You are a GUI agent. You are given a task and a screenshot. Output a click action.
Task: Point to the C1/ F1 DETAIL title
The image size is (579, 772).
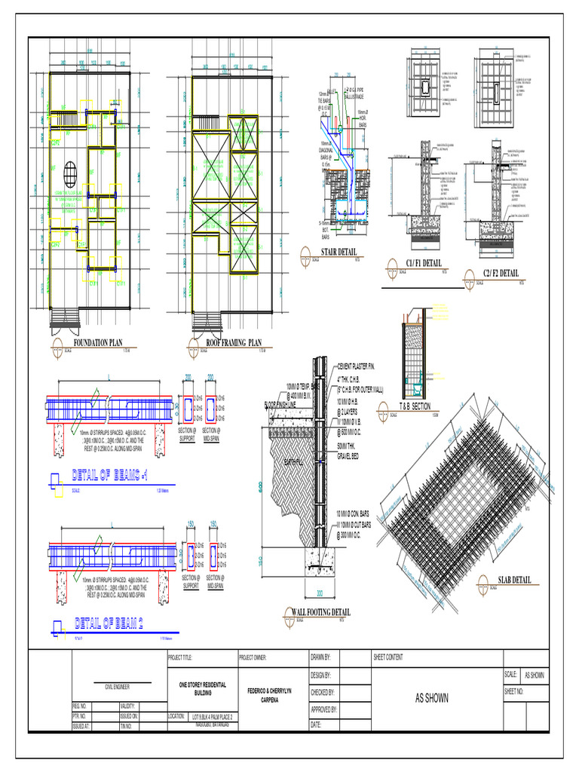[423, 263]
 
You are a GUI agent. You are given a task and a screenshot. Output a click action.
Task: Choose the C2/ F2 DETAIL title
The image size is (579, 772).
[501, 272]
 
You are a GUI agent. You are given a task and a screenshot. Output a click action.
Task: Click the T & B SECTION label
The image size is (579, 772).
[415, 406]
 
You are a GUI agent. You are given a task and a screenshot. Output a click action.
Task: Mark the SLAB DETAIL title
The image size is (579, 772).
[515, 580]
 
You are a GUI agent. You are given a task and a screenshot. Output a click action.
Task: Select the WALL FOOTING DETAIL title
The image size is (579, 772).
[317, 611]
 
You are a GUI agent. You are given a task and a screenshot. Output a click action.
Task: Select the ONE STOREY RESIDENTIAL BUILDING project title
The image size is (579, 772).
[202, 688]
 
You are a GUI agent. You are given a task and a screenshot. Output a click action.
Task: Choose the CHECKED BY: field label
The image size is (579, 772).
[323, 691]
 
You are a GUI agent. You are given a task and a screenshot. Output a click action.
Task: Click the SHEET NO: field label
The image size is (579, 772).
[515, 691]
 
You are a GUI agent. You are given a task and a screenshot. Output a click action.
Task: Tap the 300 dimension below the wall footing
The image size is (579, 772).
[319, 593]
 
